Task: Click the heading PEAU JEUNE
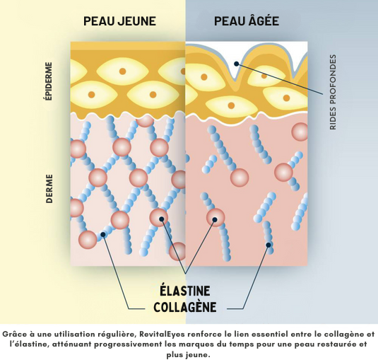point(119,21)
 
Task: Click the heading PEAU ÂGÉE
point(247,21)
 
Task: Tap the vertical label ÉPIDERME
point(49,81)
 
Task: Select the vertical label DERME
point(49,189)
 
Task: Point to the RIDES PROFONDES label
point(333,92)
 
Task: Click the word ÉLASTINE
point(185,291)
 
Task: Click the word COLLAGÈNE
point(185,307)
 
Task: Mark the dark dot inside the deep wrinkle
point(237,64)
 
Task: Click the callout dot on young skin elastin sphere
point(162,219)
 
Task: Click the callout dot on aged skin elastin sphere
point(215,219)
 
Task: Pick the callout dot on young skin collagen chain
point(103,235)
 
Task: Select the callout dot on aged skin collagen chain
point(268,245)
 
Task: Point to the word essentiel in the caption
point(271,334)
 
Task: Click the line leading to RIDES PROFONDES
point(280,79)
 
